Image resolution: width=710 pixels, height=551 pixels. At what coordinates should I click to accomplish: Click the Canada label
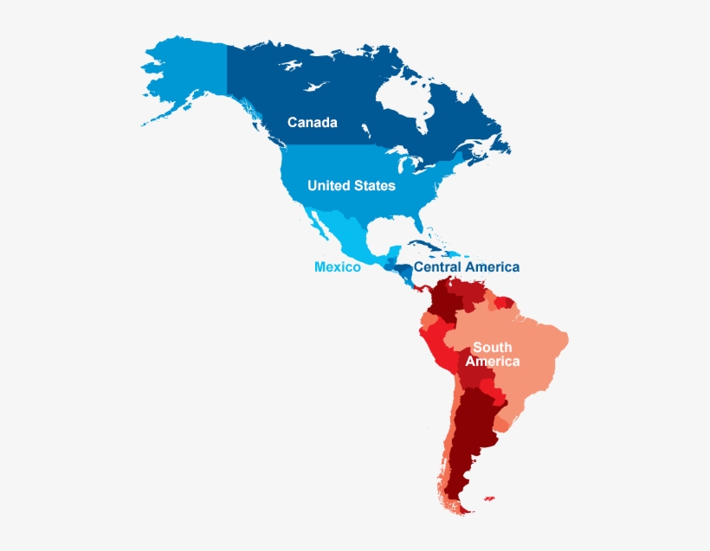312,123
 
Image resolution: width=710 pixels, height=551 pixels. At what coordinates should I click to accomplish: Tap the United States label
351,186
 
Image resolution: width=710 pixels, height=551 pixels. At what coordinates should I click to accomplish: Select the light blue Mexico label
337,267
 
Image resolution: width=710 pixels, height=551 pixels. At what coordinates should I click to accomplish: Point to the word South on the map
492,348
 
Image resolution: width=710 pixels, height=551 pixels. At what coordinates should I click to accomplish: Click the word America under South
492,362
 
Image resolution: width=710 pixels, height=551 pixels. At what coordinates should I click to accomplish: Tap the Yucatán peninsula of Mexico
387,248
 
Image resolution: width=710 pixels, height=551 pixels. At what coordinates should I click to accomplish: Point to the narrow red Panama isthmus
420,286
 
